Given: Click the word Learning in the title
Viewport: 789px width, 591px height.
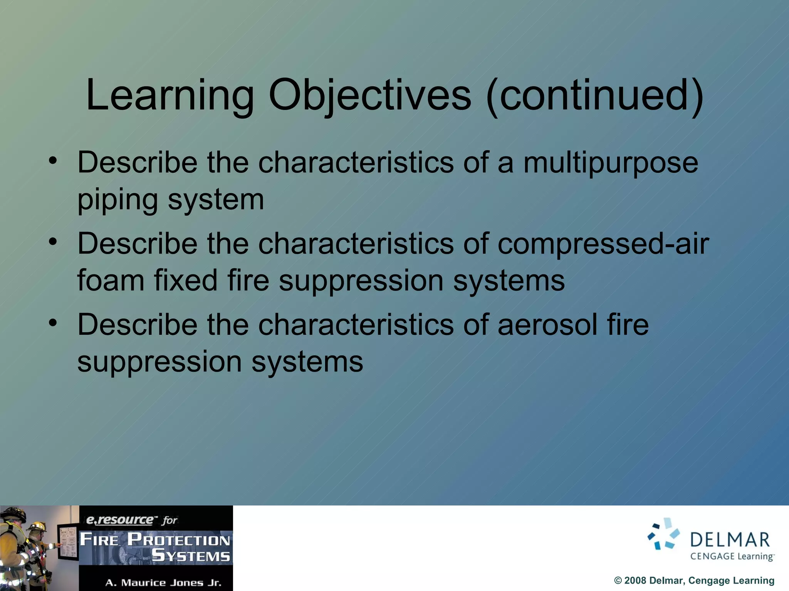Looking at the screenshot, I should tap(170, 95).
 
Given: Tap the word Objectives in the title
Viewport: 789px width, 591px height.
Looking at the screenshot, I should tap(369, 95).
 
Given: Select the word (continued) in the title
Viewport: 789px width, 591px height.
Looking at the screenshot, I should tap(595, 95).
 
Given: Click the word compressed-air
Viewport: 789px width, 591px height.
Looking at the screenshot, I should tap(603, 244).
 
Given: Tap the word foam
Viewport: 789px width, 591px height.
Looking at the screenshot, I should tap(111, 280).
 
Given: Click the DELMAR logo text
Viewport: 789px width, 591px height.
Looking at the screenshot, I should tap(730, 540).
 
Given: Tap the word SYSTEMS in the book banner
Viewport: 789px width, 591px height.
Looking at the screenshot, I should tap(191, 556).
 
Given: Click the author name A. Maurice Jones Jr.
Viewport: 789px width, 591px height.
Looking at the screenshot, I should tap(163, 583).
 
